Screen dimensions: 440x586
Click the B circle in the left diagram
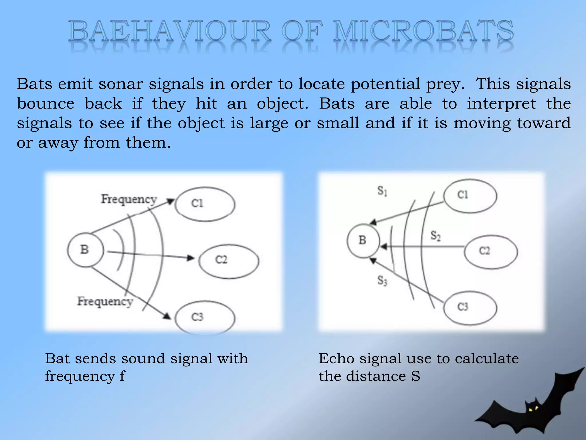[x=85, y=250]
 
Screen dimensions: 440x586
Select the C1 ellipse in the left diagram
[x=205, y=204]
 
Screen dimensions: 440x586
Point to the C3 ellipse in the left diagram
[x=205, y=317]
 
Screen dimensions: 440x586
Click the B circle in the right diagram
[x=363, y=241]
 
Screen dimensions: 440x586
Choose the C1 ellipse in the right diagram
[x=470, y=195]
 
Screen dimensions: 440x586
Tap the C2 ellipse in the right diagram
[x=490, y=252]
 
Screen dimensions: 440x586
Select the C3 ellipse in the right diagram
[x=470, y=308]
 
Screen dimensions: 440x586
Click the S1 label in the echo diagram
[x=382, y=191]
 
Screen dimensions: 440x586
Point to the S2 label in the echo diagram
[x=435, y=236]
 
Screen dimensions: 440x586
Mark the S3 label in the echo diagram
[x=382, y=281]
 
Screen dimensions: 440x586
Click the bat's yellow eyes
[x=533, y=409]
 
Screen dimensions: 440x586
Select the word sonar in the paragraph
[x=120, y=84]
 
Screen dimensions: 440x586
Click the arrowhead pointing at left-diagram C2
[x=190, y=258]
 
